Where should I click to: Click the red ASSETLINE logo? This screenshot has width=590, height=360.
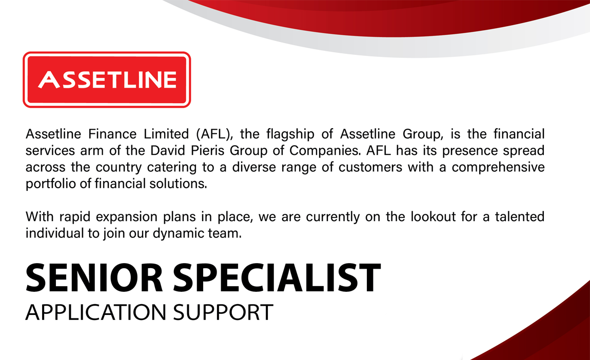coord(107,80)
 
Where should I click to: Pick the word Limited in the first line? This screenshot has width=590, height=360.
coord(165,134)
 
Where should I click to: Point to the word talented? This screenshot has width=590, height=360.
coord(519,216)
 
